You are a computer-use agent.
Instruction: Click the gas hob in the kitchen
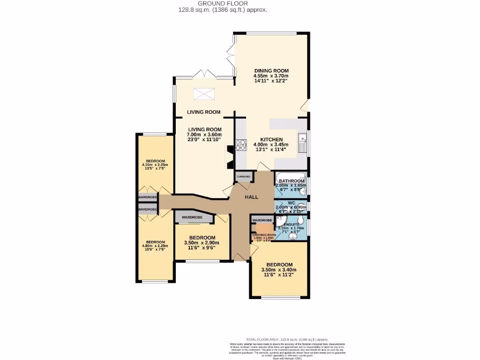tap(241, 145)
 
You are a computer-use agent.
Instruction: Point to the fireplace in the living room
tap(230, 157)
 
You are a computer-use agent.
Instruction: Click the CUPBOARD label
tap(243, 177)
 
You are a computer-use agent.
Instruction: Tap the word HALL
tap(251, 197)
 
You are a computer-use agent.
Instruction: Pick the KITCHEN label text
tap(271, 140)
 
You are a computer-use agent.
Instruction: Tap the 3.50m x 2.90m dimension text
tap(200, 243)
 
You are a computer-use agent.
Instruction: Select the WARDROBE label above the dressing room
tap(262, 220)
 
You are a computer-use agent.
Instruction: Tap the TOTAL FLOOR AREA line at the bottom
tap(287, 339)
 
